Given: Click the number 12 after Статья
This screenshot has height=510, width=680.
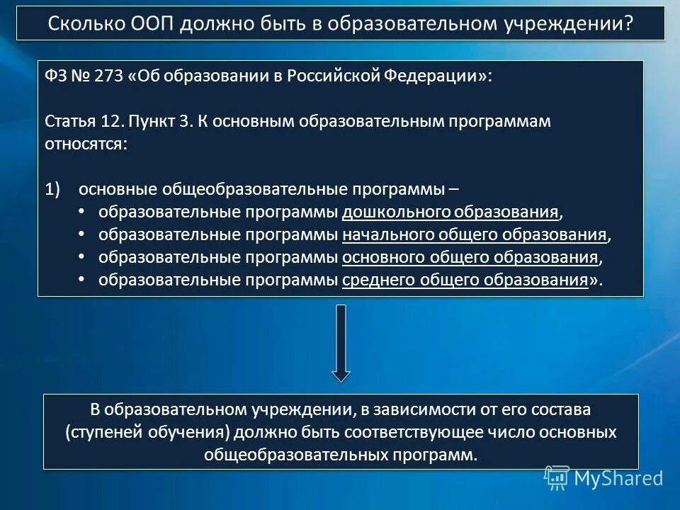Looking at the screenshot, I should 112,121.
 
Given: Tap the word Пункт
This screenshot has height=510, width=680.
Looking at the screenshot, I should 154,121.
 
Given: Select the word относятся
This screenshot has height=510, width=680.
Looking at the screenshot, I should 86,144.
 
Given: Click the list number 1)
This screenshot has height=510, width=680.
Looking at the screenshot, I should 55,189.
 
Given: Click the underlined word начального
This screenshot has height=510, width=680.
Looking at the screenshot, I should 385,234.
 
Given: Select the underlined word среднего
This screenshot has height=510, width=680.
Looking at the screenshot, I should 374,280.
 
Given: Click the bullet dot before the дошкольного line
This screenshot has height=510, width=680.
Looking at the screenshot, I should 81,212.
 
